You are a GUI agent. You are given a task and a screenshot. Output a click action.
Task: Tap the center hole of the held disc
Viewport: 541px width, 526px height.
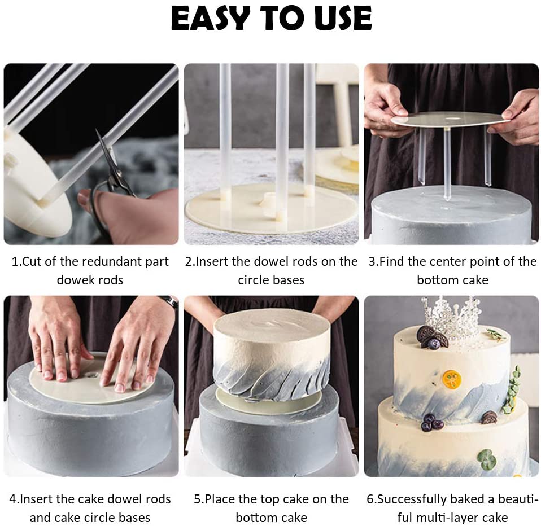click(x=450, y=119)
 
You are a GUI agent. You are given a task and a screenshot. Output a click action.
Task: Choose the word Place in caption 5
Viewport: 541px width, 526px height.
click(x=220, y=499)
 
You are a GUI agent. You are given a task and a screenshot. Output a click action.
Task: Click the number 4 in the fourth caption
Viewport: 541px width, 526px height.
click(x=13, y=499)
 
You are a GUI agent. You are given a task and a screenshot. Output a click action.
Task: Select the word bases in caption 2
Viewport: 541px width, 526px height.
click(x=290, y=280)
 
